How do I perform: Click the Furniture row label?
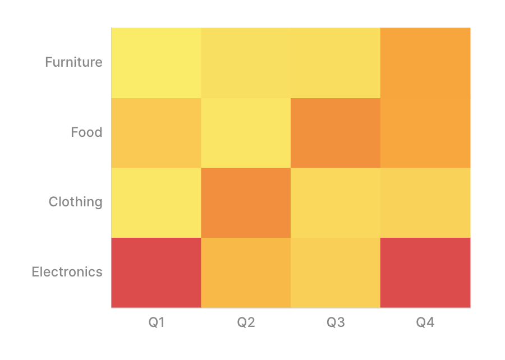(x=74, y=62)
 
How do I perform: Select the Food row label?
(x=86, y=132)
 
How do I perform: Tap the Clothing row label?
(x=75, y=202)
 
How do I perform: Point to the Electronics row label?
(x=67, y=272)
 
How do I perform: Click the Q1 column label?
(x=157, y=322)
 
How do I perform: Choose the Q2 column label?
(x=246, y=322)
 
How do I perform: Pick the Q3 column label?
(x=336, y=322)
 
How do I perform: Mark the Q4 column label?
(x=425, y=322)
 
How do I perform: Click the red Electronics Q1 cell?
(x=156, y=273)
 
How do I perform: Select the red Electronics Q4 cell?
(x=425, y=273)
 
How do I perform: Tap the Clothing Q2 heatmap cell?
(x=246, y=203)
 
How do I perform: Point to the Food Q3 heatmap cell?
(x=336, y=133)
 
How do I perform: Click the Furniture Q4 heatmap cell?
(x=425, y=63)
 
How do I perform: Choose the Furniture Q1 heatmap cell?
(x=156, y=63)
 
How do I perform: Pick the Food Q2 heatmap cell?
(x=246, y=133)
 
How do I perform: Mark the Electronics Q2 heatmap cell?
(x=246, y=273)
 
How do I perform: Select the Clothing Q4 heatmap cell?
(x=425, y=203)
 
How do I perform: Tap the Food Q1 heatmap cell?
(x=156, y=133)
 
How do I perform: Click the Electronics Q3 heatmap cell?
(x=336, y=273)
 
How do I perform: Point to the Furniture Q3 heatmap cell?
(x=336, y=63)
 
